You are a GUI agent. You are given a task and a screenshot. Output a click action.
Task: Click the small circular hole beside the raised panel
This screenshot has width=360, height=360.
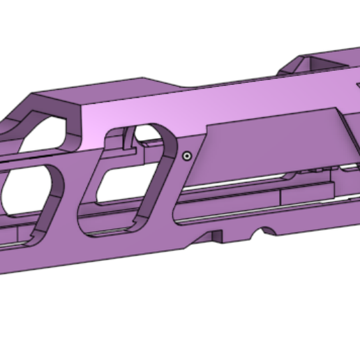coord(186,156)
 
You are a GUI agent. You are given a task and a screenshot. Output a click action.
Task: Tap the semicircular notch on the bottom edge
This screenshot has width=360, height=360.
coord(265,231)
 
